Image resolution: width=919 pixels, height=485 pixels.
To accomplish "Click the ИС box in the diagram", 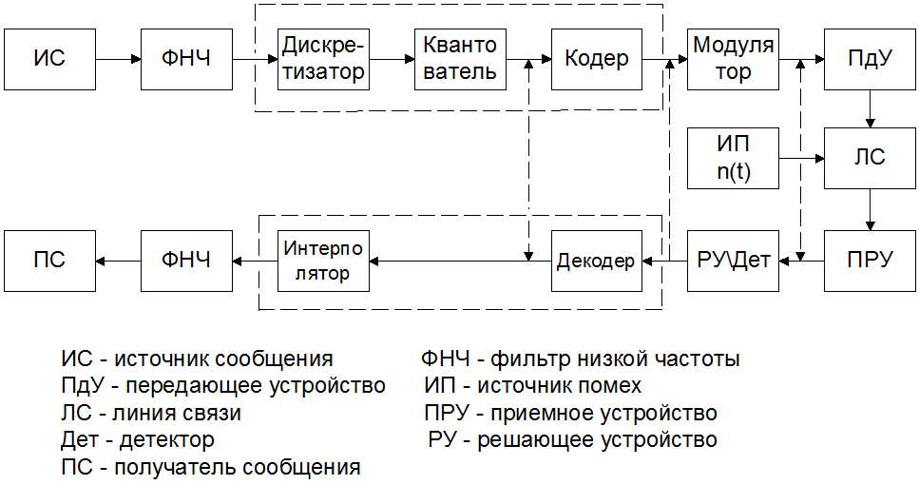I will click(49, 59).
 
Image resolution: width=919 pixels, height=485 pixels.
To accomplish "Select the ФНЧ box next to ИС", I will click(187, 59).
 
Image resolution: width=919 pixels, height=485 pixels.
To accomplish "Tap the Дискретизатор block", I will click(323, 59).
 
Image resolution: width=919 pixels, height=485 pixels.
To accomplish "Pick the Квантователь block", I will click(460, 59).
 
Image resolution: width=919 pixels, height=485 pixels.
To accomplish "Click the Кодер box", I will click(596, 59).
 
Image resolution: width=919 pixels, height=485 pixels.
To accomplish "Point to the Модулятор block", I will click(733, 59).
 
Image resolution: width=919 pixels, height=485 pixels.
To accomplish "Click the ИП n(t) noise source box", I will click(733, 158).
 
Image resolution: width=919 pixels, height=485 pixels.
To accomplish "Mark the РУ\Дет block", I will click(733, 259).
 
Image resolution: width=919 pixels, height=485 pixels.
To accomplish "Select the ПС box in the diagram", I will click(49, 259).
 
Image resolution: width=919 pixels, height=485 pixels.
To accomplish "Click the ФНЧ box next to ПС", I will click(187, 259).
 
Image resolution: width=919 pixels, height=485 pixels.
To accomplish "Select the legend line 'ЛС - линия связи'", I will click(151, 414).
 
